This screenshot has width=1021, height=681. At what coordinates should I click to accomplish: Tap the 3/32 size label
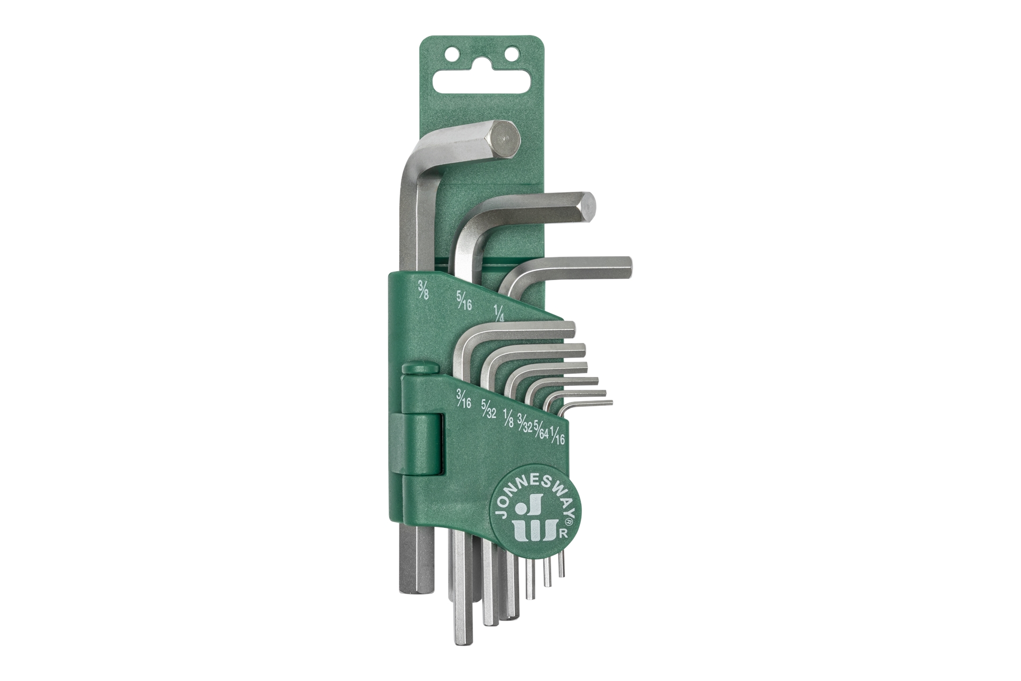click(x=525, y=421)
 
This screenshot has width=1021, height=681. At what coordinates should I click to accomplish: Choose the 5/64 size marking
click(x=541, y=425)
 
